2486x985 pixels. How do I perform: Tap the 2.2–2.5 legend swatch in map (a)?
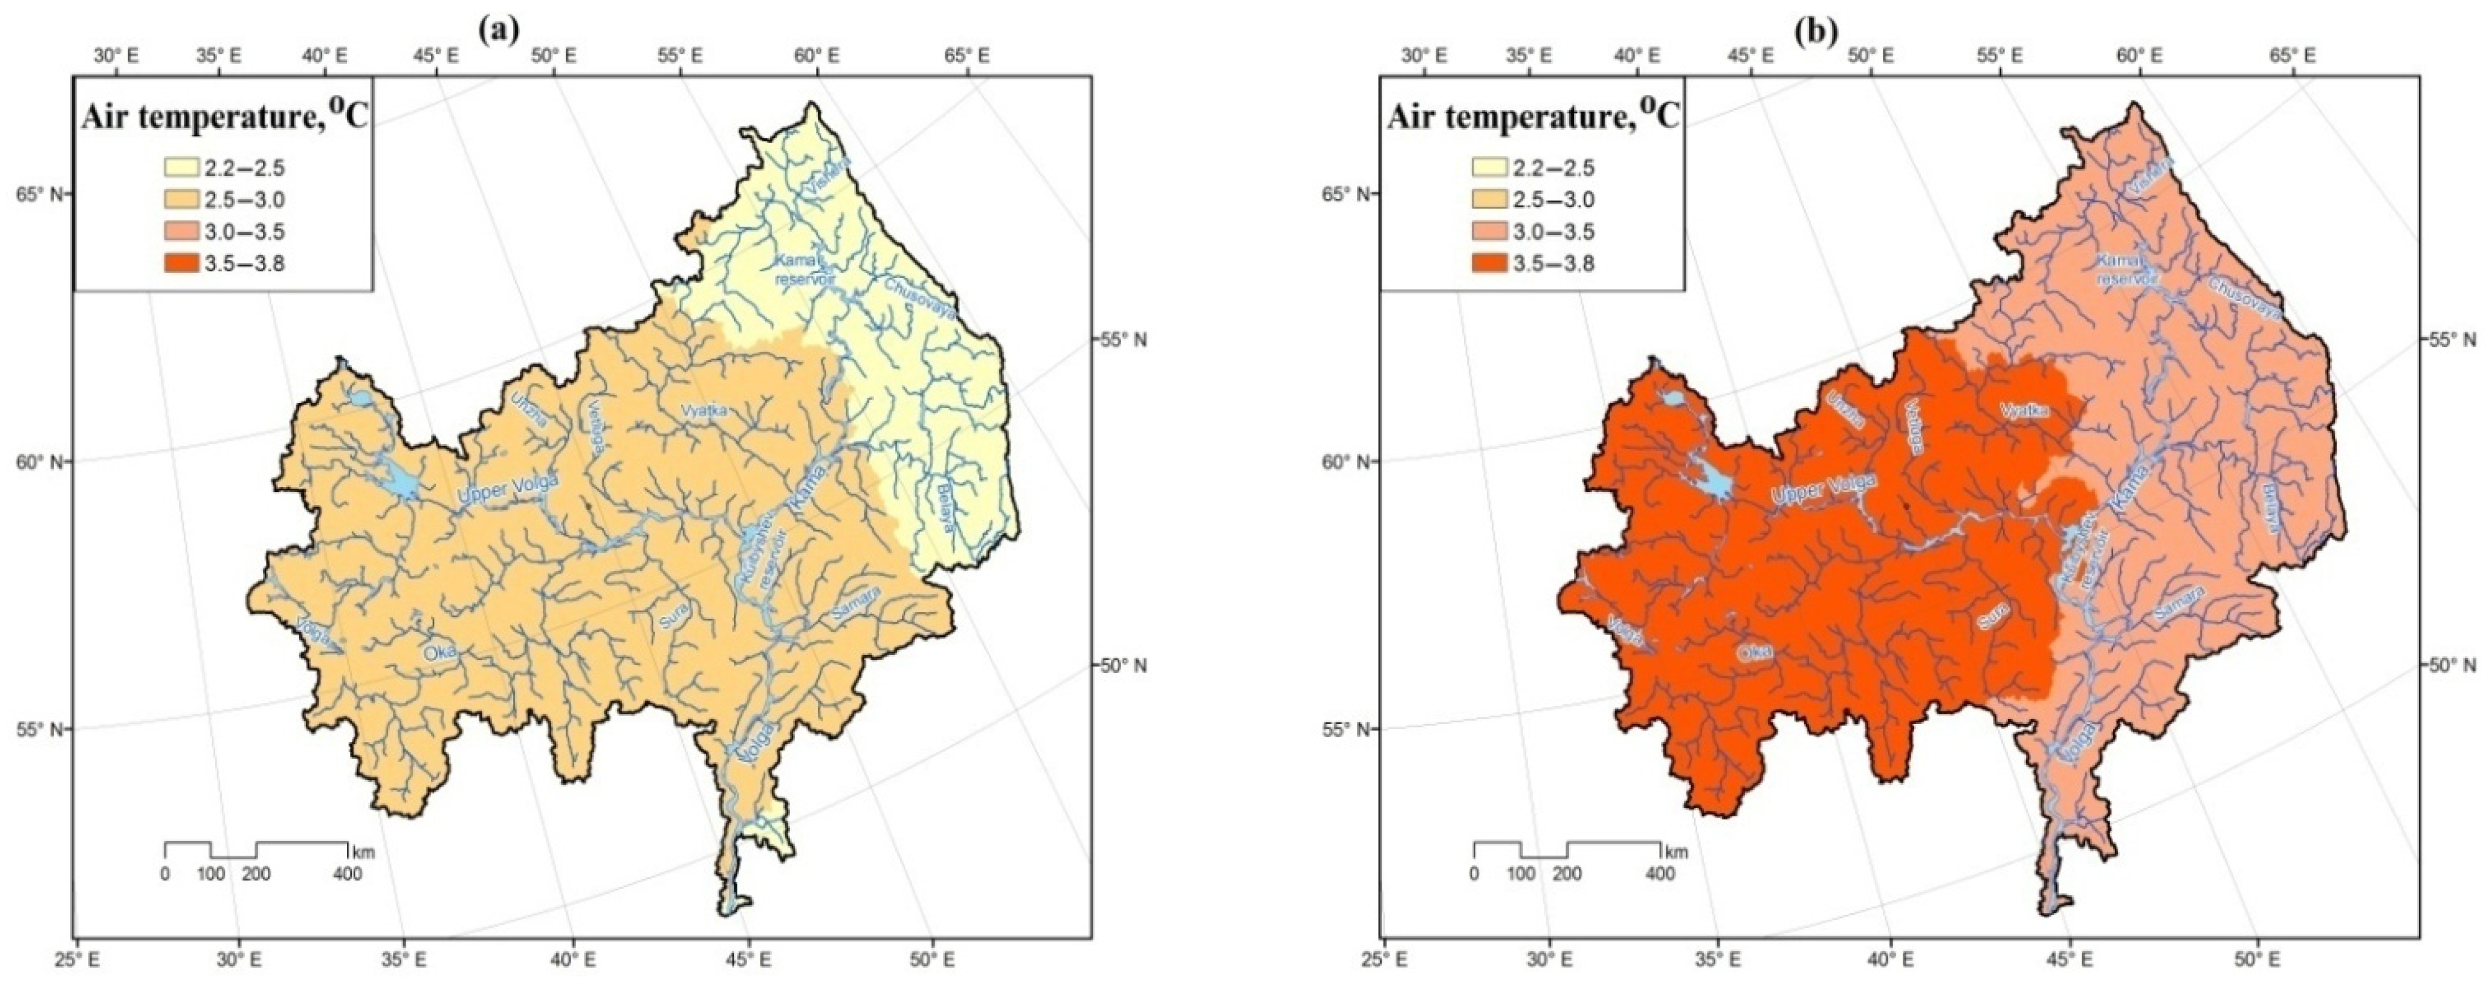(x=181, y=169)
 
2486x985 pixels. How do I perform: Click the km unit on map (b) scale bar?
(x=1676, y=853)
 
